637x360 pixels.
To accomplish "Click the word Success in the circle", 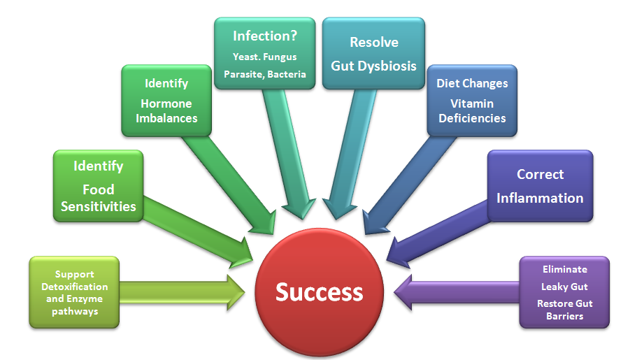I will tap(319, 291).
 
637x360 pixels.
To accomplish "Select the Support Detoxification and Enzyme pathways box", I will tap(74, 292).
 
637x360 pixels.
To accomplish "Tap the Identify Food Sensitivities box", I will tap(98, 187).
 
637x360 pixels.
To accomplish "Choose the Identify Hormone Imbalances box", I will tap(166, 101).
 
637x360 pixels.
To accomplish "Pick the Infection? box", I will tap(264, 53).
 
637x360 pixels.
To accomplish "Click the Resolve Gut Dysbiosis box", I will tap(373, 53).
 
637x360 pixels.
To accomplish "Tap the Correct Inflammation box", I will tap(540, 185).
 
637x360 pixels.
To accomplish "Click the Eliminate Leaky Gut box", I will tap(564, 292).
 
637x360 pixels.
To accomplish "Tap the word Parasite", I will tap(241, 73).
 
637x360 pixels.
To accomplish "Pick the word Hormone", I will tap(166, 103).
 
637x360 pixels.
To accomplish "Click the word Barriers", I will tap(564, 316).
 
